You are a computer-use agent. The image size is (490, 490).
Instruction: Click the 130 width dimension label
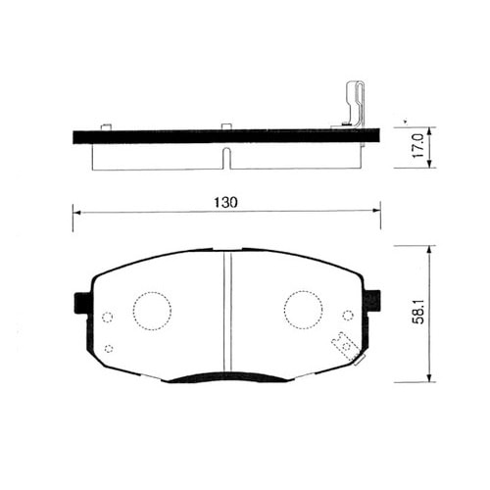click(x=225, y=203)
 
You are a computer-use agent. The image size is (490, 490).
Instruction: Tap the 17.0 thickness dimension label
click(x=417, y=146)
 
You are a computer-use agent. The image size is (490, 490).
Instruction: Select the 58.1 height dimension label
click(x=417, y=312)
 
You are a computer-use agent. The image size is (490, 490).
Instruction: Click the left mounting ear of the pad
click(x=81, y=303)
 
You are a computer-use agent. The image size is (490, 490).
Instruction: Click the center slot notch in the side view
click(x=226, y=159)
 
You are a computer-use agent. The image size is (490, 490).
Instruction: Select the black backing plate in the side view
click(x=226, y=136)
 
